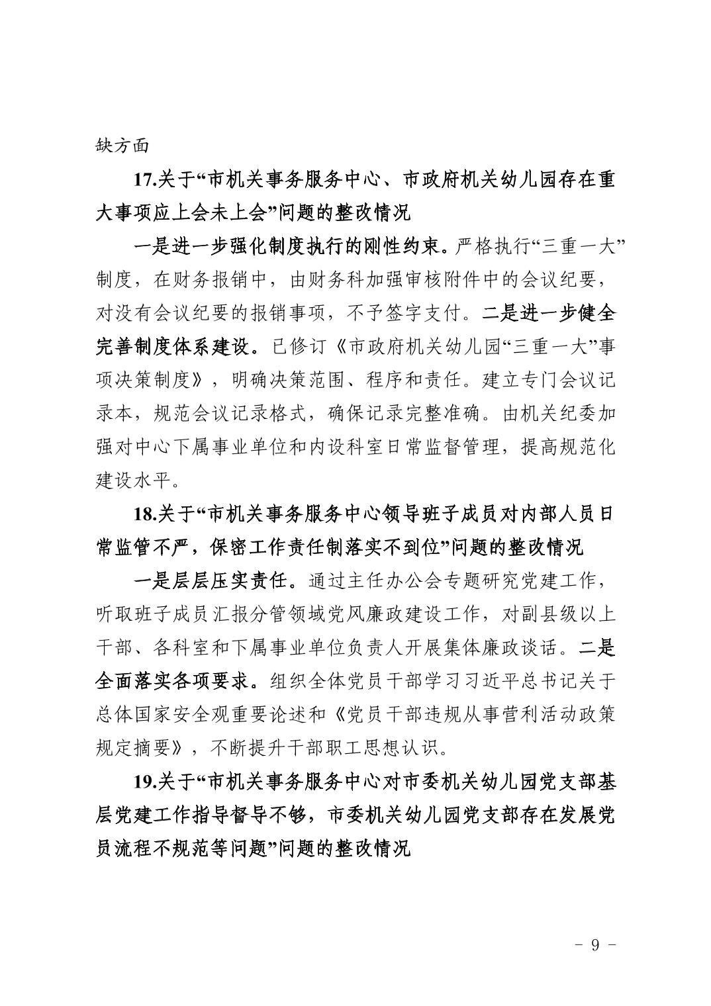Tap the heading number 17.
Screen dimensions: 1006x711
pyautogui.click(x=144, y=179)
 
